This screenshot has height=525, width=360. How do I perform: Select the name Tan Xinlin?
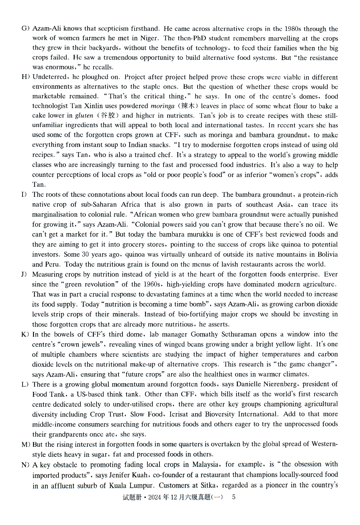pyautogui.click(x=87, y=106)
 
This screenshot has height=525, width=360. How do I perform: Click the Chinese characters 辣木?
pyautogui.click(x=187, y=106)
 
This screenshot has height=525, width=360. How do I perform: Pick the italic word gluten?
pyautogui.click(x=84, y=116)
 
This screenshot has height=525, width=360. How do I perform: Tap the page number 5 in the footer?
pyautogui.click(x=234, y=497)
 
